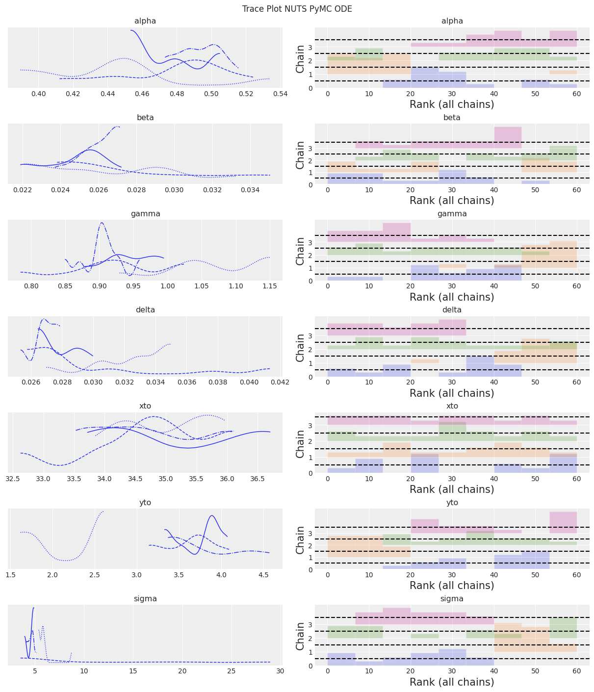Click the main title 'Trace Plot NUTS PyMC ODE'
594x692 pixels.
[x=297, y=9]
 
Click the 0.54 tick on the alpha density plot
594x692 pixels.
[x=281, y=94]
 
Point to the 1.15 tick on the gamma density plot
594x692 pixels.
[x=269, y=286]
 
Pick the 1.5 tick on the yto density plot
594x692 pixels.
[x=10, y=575]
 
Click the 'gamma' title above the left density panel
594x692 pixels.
[x=145, y=214]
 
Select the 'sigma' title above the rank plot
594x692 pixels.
[x=452, y=599]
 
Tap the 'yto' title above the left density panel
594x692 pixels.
[x=145, y=503]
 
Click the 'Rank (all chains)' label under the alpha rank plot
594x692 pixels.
[x=452, y=104]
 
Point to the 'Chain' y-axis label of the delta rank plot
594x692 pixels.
[x=301, y=348]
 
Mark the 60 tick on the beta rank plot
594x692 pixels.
[x=577, y=190]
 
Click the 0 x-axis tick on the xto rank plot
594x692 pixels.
[x=328, y=479]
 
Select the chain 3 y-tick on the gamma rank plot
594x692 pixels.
[x=310, y=242]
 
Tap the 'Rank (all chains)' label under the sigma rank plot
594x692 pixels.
[x=452, y=682]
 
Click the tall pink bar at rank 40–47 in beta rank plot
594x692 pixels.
[x=508, y=138]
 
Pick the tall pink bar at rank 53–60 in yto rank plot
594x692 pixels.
[x=563, y=523]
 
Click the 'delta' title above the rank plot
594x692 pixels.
[x=452, y=310]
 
